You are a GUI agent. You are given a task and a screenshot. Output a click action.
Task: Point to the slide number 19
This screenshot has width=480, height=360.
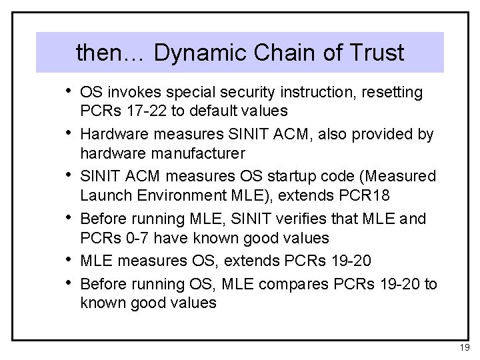(x=464, y=347)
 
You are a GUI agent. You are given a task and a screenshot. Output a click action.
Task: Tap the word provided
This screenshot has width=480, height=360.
(x=375, y=134)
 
